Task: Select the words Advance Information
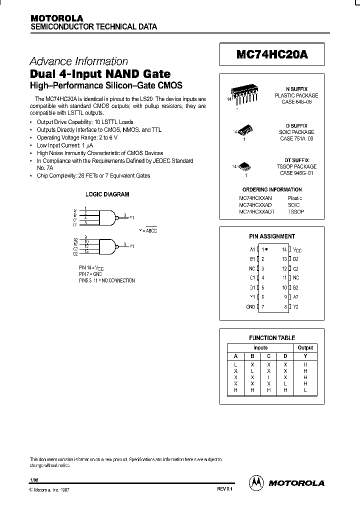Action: click(x=79, y=61)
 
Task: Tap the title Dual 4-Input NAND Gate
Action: click(x=100, y=74)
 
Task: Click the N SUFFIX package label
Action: click(x=299, y=88)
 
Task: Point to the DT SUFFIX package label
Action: click(x=299, y=160)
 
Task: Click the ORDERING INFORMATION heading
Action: click(x=271, y=189)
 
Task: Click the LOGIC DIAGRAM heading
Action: click(x=107, y=194)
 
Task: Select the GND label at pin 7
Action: click(x=250, y=306)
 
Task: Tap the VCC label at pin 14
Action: click(x=297, y=249)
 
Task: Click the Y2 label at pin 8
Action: click(x=296, y=306)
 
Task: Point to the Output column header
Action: click(x=305, y=347)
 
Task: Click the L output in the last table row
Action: click(x=305, y=389)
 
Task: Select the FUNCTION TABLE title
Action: click(x=272, y=337)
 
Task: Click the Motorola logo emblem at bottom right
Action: click(x=255, y=482)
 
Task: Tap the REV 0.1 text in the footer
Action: click(x=225, y=490)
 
